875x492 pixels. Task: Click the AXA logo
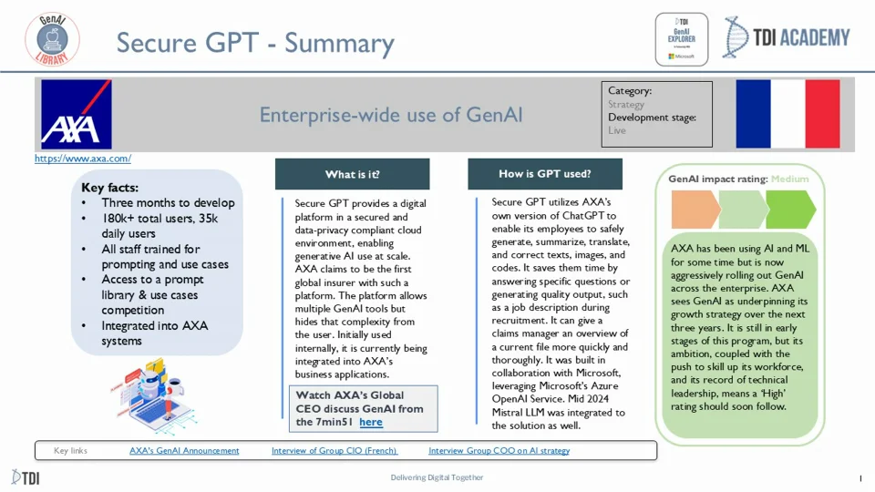[x=77, y=114]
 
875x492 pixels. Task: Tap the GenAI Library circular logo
[x=52, y=39]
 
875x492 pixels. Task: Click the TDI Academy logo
[x=787, y=38]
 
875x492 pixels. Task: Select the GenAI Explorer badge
[x=681, y=39]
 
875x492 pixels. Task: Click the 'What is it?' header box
[x=352, y=174]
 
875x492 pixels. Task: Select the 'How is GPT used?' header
[x=545, y=174]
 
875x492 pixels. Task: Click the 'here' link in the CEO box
[x=371, y=422]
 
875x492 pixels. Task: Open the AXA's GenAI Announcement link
[x=184, y=450]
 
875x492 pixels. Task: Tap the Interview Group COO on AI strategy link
[x=499, y=450]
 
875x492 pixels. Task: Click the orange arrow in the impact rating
[x=695, y=210]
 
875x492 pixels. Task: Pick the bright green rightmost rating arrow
[x=791, y=210]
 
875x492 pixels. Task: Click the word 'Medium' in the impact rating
[x=789, y=179]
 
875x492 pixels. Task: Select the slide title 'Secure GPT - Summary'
[x=255, y=43]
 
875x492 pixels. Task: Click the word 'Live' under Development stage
[x=617, y=130]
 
